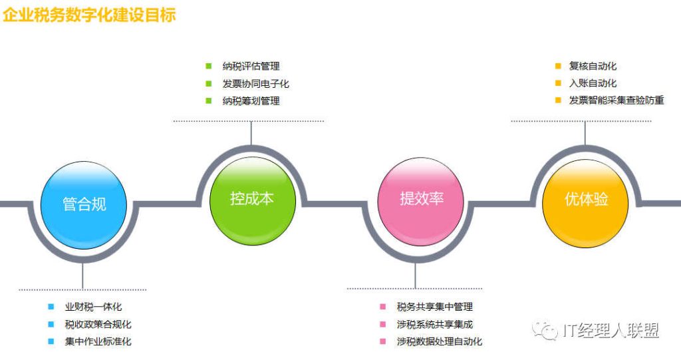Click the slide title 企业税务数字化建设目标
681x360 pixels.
(x=89, y=15)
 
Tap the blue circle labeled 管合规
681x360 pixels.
(x=84, y=205)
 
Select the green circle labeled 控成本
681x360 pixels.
(x=252, y=201)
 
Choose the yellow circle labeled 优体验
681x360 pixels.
(x=585, y=203)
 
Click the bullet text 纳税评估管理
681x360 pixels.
(x=251, y=67)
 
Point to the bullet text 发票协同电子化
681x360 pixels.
(x=256, y=83)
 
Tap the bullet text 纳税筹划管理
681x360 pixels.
(x=251, y=101)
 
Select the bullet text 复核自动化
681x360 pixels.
(x=593, y=66)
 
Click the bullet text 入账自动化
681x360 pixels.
(x=593, y=83)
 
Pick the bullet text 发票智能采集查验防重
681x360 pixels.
(x=616, y=100)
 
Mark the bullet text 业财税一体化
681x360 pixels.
(x=93, y=307)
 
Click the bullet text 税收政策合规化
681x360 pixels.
(x=98, y=324)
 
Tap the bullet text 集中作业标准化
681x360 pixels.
(x=98, y=341)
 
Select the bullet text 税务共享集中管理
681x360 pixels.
(x=435, y=307)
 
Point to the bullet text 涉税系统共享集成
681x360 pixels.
(x=435, y=324)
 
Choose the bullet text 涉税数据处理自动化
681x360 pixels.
(x=440, y=341)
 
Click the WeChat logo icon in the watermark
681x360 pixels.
(x=545, y=330)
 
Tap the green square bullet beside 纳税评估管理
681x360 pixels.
(x=208, y=66)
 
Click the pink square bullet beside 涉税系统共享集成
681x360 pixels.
(x=382, y=324)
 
